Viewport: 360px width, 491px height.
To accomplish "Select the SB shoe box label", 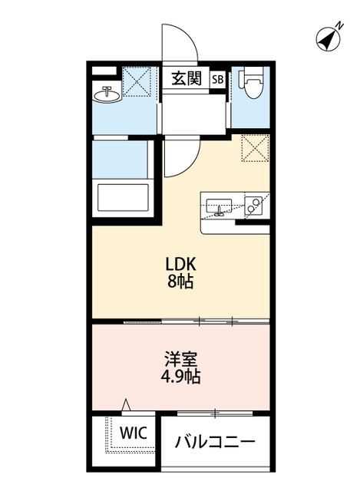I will point(217,78).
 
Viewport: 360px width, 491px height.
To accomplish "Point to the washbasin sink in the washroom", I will point(106,95).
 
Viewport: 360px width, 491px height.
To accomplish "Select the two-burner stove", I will point(254,205).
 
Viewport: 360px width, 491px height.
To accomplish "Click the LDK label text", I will point(183,263).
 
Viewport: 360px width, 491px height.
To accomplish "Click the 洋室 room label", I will point(182,358).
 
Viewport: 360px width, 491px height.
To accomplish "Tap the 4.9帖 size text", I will point(182,377).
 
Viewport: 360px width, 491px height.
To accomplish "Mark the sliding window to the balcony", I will point(217,414).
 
